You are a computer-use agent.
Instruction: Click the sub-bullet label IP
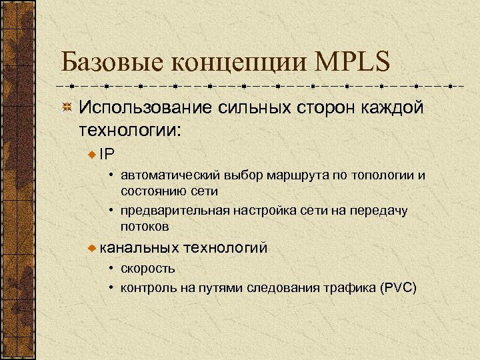click(x=107, y=154)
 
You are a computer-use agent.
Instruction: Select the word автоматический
click(x=164, y=176)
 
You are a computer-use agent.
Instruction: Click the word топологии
click(x=381, y=176)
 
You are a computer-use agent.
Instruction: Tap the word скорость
click(x=148, y=269)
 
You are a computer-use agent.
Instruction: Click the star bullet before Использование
click(x=67, y=108)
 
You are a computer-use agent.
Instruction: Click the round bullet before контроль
click(x=113, y=288)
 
